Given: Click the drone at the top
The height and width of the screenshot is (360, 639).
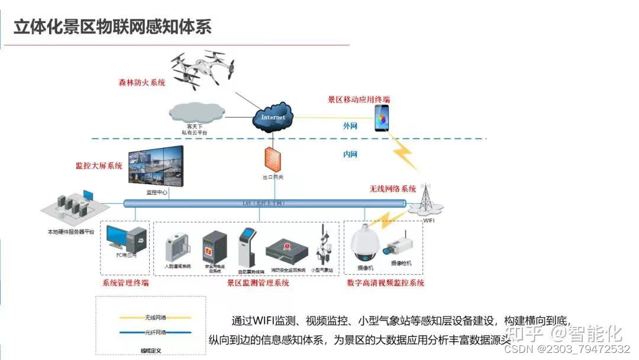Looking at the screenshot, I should coord(202,67).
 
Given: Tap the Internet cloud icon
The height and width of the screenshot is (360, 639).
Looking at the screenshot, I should coord(273,116).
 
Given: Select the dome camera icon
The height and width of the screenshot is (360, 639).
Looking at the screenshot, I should coord(364,245).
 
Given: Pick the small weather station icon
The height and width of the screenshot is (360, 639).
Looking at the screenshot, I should coord(323,245).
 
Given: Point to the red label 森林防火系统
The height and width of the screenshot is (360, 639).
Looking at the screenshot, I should coord(142,83).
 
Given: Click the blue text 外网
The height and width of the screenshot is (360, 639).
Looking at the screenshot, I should coord(350,126).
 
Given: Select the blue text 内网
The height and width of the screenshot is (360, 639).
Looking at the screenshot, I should coord(350,155).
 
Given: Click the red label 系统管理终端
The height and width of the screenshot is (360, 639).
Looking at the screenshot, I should coord(125,283).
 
